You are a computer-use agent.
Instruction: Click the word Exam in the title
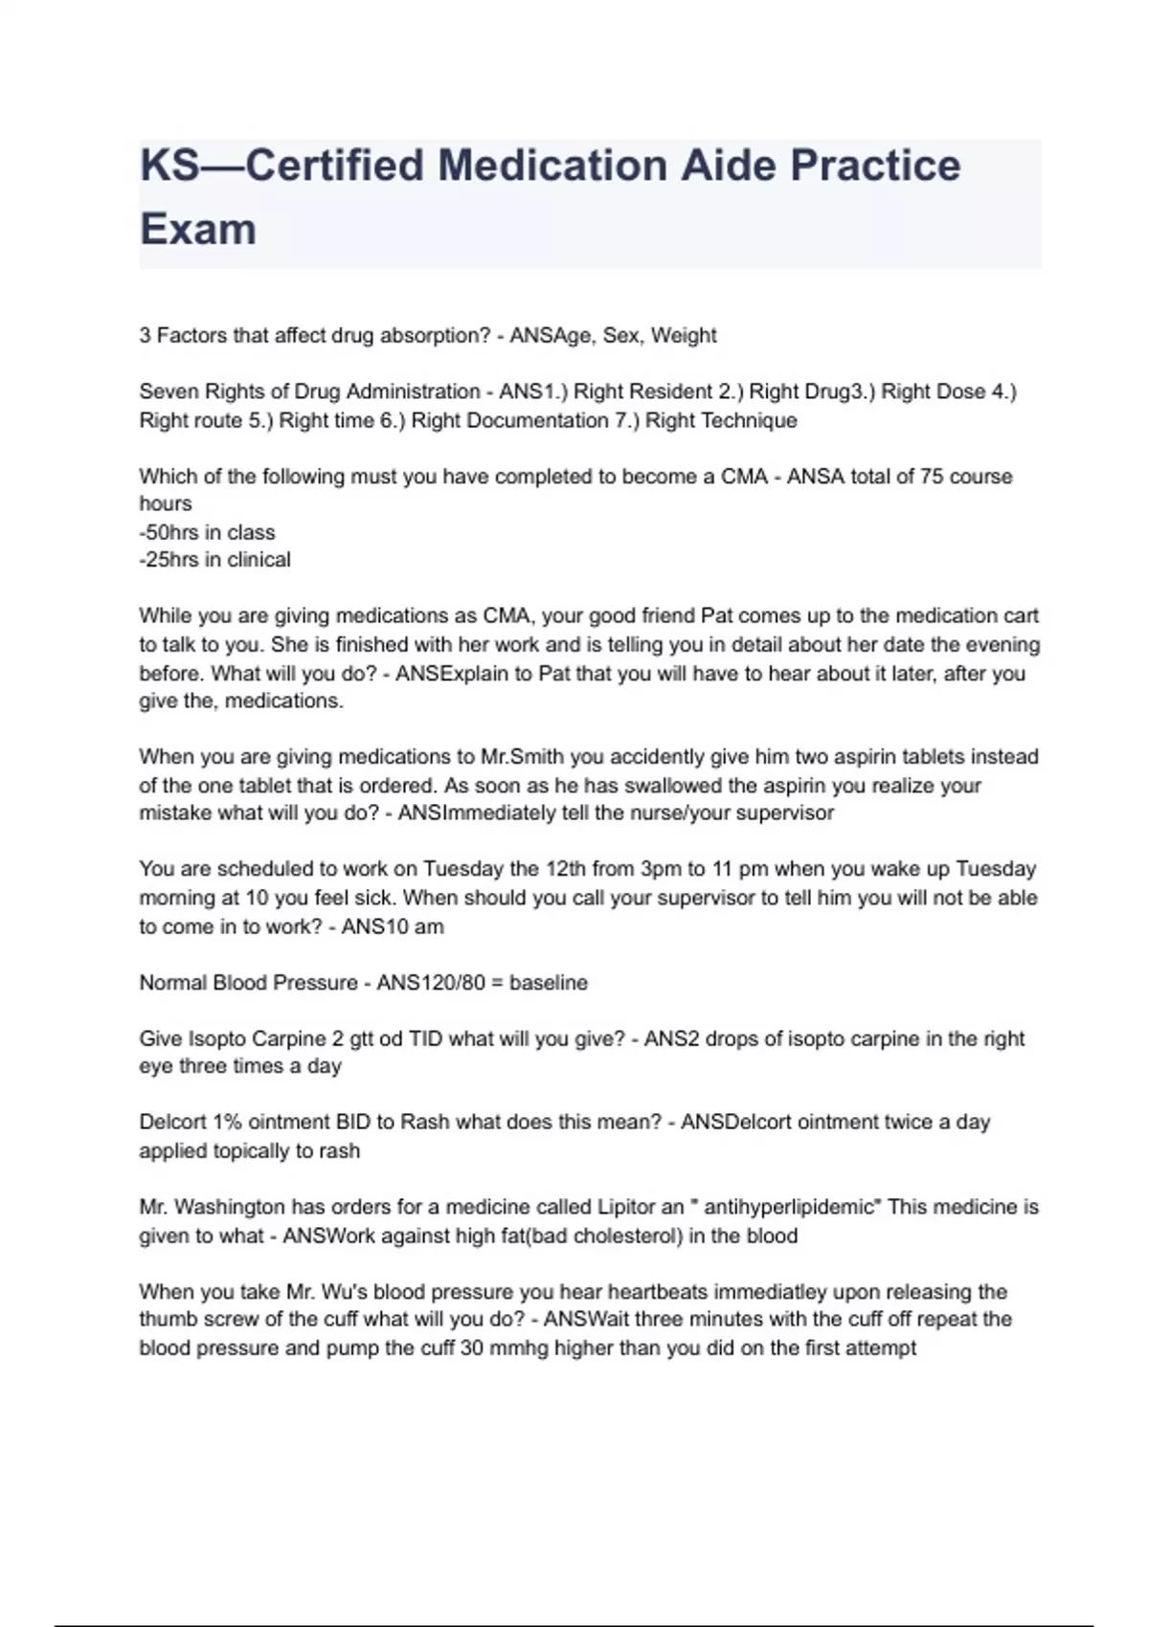[198, 230]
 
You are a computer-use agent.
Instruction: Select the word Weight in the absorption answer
[684, 336]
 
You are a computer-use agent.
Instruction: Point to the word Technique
[749, 420]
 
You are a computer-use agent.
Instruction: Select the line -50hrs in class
[207, 532]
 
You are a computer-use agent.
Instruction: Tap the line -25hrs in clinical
[214, 560]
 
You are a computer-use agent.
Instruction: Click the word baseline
[549, 983]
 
